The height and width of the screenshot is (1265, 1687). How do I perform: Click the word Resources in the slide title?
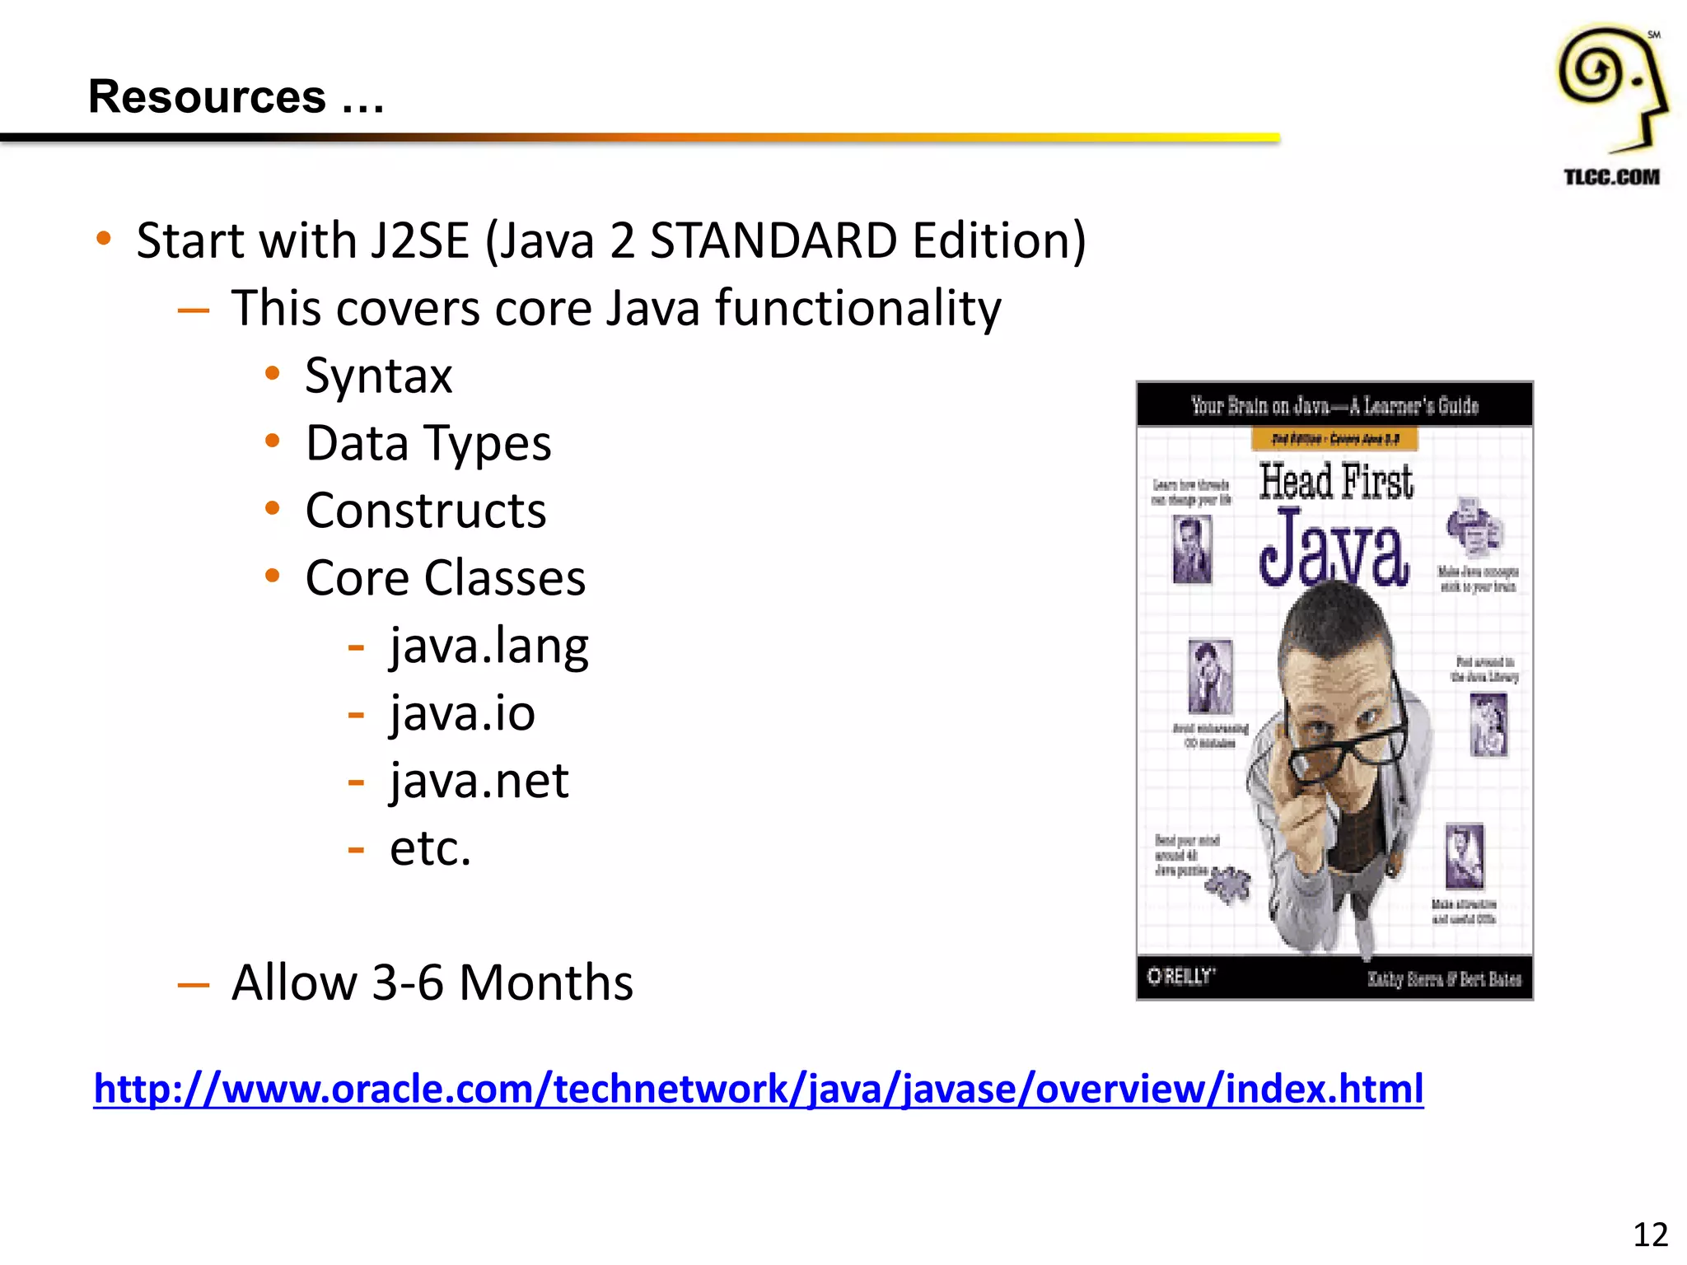tap(207, 97)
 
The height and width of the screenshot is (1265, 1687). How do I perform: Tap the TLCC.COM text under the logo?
tap(1611, 177)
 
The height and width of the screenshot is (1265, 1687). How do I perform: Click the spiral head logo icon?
tap(1610, 86)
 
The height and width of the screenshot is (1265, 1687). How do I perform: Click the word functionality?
tap(858, 309)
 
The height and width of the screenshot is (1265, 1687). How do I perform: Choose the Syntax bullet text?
tap(378, 376)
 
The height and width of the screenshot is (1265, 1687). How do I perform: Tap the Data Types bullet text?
tap(428, 444)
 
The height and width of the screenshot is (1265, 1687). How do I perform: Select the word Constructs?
tap(425, 511)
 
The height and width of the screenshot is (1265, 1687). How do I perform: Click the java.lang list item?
tap(488, 647)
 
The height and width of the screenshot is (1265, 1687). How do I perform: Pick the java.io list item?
tap(462, 714)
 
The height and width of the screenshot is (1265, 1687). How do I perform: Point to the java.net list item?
tap(479, 782)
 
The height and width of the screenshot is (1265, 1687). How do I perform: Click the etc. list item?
tap(430, 848)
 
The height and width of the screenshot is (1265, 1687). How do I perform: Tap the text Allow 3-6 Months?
tap(432, 983)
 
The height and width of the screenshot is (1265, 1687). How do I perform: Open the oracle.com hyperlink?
tap(758, 1089)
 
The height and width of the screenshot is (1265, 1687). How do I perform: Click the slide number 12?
tap(1650, 1235)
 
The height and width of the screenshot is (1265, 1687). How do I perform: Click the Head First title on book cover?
tap(1335, 482)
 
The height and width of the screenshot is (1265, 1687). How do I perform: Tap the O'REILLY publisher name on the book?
tap(1180, 977)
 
